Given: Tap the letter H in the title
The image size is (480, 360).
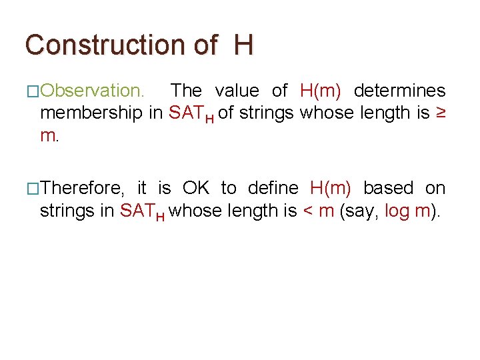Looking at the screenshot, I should (243, 45).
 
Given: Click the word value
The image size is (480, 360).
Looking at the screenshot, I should (236, 90).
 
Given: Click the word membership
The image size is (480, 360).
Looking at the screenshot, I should (92, 113).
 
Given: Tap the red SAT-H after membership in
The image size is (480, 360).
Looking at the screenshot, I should (191, 114).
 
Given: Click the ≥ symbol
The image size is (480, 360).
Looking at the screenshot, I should (441, 113).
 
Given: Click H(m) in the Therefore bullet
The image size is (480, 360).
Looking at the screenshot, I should (331, 188).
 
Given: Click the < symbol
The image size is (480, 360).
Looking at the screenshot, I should (308, 211).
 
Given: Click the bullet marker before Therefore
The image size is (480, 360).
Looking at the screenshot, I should (32, 189).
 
